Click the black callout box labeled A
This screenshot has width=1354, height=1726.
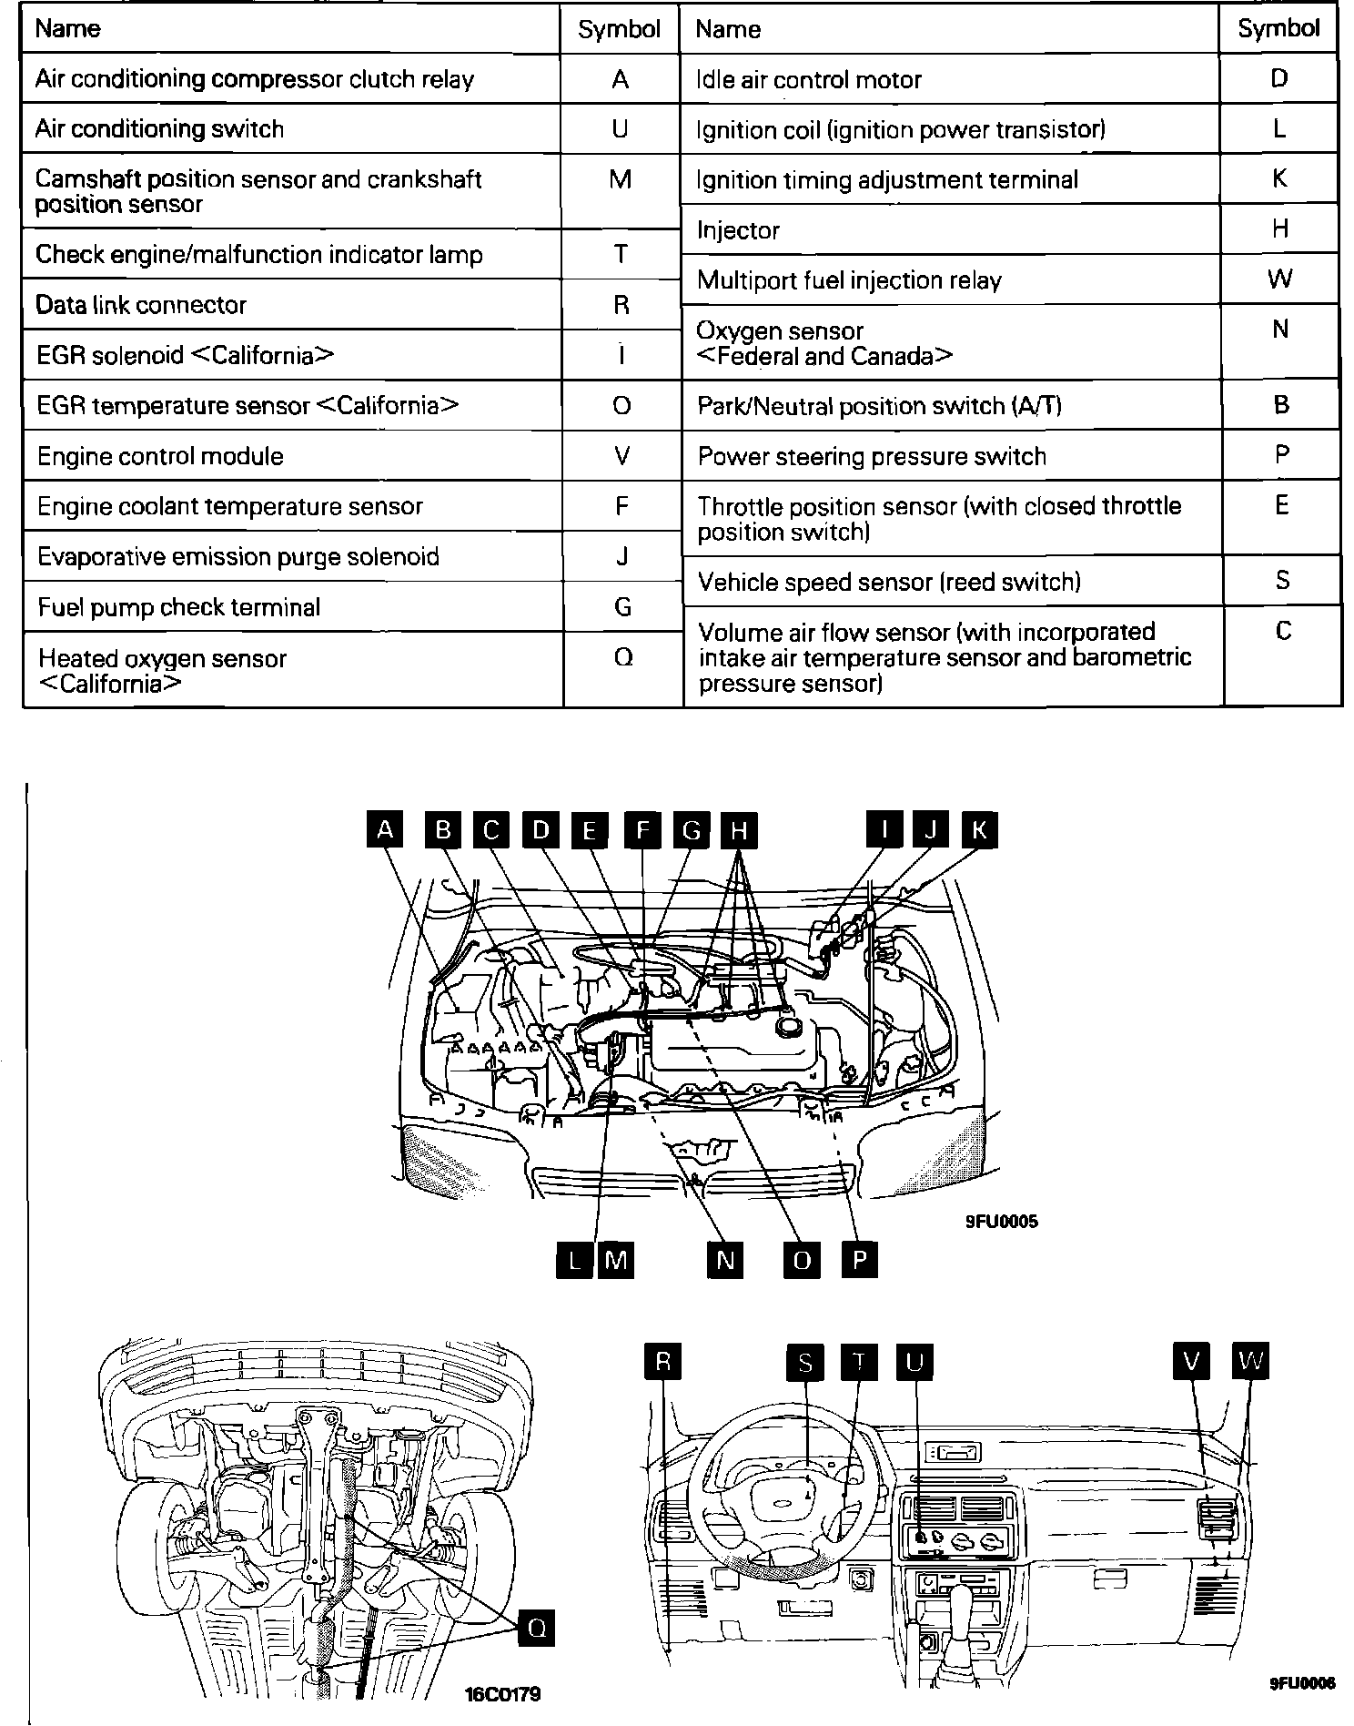click(x=386, y=830)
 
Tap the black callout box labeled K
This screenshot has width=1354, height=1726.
click(x=979, y=830)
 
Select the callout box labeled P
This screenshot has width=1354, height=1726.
click(x=859, y=1260)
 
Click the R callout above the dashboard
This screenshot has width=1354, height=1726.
click(x=662, y=1362)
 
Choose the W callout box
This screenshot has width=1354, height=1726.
click(x=1251, y=1362)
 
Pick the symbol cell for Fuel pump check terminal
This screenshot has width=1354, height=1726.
click(x=622, y=607)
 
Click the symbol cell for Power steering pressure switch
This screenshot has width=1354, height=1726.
click(x=1281, y=455)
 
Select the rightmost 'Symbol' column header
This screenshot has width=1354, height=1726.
click(x=1278, y=29)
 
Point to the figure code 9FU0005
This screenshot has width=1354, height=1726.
click(x=1001, y=1222)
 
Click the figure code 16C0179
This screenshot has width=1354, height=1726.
click(x=502, y=1694)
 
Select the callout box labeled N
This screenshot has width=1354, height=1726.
click(x=725, y=1260)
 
